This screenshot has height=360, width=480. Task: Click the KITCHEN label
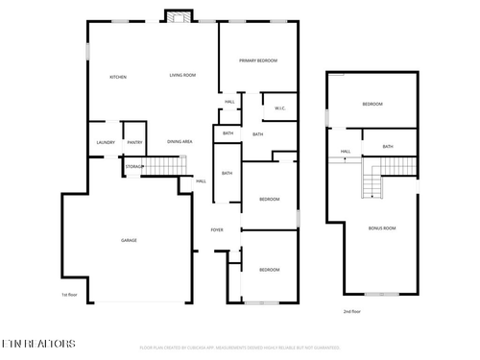coord(118,77)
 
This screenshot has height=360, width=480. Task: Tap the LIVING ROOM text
coord(182,75)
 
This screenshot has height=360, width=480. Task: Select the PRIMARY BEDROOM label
coord(258,60)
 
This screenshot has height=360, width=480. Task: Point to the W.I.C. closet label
coord(280,108)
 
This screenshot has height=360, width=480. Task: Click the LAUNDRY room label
coord(106,143)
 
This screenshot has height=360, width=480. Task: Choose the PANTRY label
coord(134,143)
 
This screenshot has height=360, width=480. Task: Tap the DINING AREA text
coord(180,141)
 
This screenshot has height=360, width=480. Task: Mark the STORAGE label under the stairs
coord(133,167)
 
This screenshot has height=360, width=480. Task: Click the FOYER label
coord(217,230)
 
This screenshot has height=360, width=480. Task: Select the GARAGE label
coord(128,240)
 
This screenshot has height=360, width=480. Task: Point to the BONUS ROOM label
coord(382,228)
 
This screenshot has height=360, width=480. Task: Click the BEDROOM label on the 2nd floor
coord(372,104)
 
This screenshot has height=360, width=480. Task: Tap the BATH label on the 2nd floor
coord(388,146)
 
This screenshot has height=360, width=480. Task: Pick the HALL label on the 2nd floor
coord(346,152)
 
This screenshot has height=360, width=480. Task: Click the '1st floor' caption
coord(69,295)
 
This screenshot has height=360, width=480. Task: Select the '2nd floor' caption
coord(352,311)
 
